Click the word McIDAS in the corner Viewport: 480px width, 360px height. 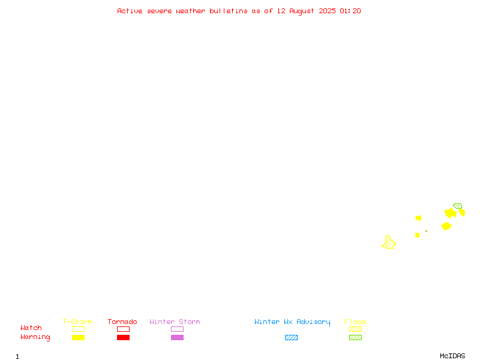(452, 356)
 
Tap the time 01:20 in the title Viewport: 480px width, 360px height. (350, 11)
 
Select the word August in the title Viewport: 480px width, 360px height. (302, 11)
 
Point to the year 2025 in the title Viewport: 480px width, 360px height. (327, 11)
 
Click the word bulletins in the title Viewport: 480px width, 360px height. (229, 11)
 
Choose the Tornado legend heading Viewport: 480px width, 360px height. (122, 322)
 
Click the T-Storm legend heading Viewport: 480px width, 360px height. (77, 322)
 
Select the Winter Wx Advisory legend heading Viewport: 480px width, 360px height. (292, 322)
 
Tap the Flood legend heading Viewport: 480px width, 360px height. (355, 322)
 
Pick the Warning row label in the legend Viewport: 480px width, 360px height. (35, 337)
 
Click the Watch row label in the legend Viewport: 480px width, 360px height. (31, 328)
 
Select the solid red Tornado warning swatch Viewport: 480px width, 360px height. (123, 337)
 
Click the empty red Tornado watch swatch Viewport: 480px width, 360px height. (123, 329)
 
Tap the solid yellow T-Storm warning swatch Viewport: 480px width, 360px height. (78, 337)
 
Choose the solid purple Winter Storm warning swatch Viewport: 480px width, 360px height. (177, 337)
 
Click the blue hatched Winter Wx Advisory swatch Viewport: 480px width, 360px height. (291, 337)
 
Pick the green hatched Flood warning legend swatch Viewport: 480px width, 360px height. (355, 337)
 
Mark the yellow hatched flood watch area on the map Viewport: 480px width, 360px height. (389, 243)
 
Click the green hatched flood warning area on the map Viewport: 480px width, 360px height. (458, 206)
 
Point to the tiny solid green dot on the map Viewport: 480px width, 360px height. (426, 231)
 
